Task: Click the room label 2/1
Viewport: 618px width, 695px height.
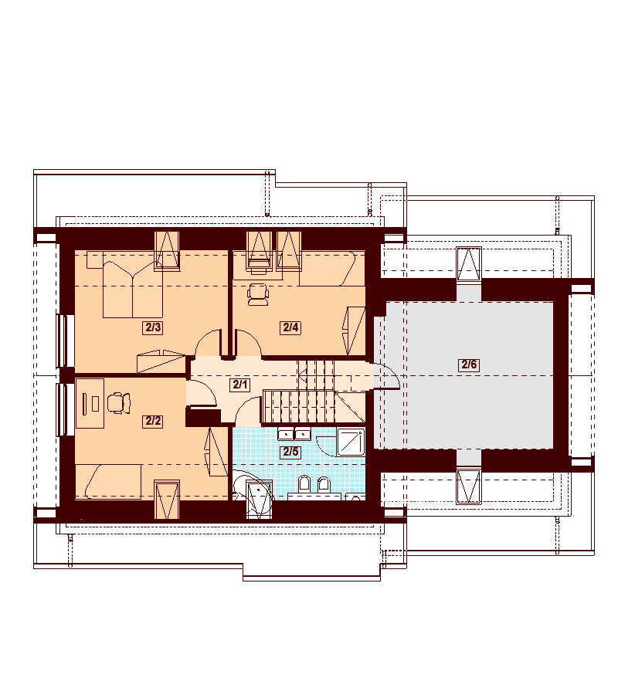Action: [x=239, y=385]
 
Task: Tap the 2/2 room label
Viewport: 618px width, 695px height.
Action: [x=153, y=421]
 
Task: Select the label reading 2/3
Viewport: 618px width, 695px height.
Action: [x=153, y=327]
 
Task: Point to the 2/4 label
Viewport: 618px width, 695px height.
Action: [x=290, y=327]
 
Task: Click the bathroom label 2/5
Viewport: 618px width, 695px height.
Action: [x=290, y=452]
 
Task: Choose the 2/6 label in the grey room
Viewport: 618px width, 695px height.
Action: [x=469, y=364]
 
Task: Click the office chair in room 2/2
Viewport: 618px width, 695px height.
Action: [x=118, y=403]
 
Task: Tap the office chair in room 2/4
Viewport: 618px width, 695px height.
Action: [x=258, y=295]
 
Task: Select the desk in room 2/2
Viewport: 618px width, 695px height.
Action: [x=90, y=403]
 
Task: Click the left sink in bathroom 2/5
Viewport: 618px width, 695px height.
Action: [x=286, y=434]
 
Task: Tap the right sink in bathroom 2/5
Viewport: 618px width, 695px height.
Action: [x=303, y=434]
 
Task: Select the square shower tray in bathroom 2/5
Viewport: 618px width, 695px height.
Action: [x=351, y=442]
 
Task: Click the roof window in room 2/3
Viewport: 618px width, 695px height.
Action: [x=167, y=251]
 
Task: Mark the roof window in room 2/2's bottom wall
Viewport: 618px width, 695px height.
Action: [x=167, y=500]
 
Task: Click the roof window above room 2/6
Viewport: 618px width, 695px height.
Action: [x=469, y=265]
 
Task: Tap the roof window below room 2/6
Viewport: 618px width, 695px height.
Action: [x=469, y=487]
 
